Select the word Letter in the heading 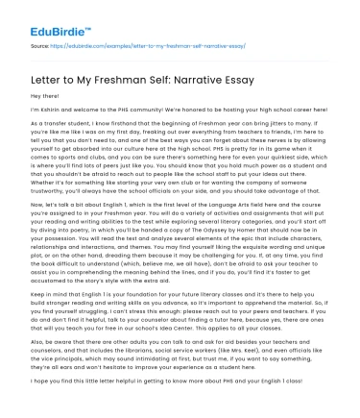coord(47,77)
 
